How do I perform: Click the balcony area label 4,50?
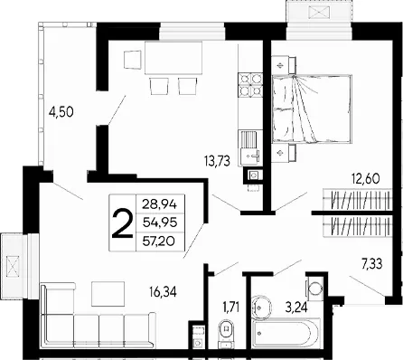[61, 112]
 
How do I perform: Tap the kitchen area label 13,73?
[217, 161]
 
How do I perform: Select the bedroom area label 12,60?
[365, 178]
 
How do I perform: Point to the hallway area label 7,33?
[372, 264]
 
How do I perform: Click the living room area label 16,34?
[163, 291]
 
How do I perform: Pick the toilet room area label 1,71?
[231, 308]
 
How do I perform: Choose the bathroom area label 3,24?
[296, 308]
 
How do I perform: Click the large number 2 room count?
[122, 223]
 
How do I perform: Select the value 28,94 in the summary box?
[160, 204]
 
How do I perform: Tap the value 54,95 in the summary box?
[160, 223]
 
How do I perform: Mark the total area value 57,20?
[159, 241]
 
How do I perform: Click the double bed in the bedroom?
[312, 109]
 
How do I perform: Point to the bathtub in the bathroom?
[286, 334]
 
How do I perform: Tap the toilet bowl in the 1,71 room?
[226, 332]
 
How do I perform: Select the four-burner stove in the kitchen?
[250, 84]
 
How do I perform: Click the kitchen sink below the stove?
[250, 147]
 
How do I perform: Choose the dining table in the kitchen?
[173, 58]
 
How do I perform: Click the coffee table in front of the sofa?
[108, 294]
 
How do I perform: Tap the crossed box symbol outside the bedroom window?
[319, 13]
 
